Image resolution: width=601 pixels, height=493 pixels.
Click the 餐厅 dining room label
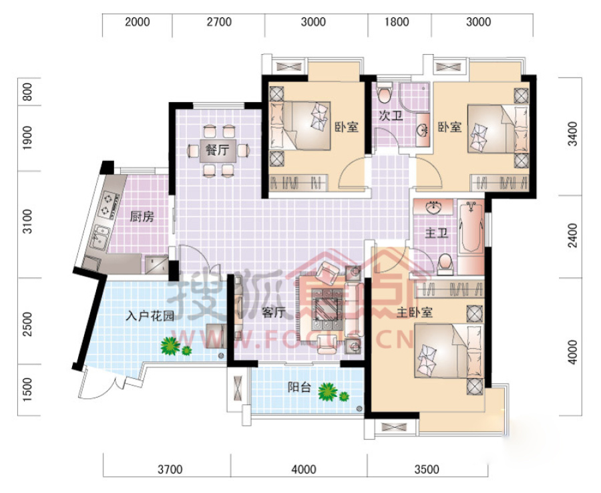(x=217, y=150)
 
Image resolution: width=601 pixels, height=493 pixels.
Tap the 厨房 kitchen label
(x=142, y=217)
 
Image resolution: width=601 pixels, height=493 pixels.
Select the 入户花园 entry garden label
(x=150, y=316)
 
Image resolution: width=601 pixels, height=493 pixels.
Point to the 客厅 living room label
(x=274, y=313)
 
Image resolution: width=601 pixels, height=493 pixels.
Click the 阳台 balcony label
(x=299, y=387)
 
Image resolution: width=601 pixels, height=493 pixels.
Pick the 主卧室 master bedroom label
(x=414, y=313)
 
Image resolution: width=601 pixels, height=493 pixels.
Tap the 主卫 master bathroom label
(x=437, y=232)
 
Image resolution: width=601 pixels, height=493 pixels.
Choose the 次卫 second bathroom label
(x=391, y=116)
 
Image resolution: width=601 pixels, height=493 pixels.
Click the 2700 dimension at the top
(x=219, y=22)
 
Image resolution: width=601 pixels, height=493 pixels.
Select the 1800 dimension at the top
(x=397, y=22)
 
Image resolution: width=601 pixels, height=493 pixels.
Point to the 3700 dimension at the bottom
(x=170, y=469)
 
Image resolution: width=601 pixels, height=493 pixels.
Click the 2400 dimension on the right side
(x=572, y=236)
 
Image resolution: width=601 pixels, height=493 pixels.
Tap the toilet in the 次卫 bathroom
(x=385, y=93)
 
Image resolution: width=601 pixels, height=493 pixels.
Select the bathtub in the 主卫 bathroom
(x=471, y=227)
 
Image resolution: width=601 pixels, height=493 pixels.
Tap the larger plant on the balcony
(x=327, y=391)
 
